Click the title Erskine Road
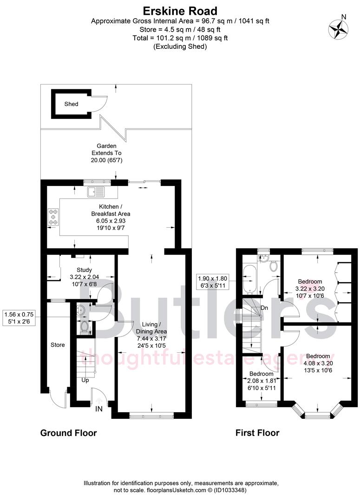(180, 10)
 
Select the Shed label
(71, 104)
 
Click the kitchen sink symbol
(97, 191)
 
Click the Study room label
(84, 270)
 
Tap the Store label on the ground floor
(58, 345)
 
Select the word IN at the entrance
(99, 409)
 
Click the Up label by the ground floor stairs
(85, 380)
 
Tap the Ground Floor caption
(69, 433)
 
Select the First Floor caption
(257, 433)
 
